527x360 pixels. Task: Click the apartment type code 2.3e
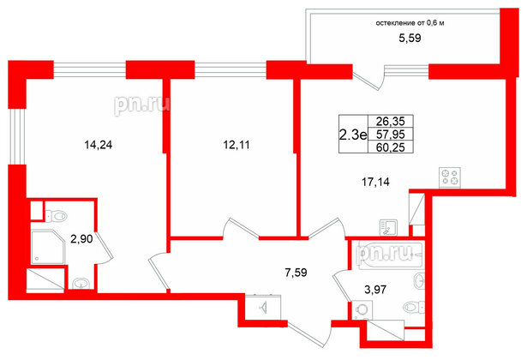point(351,134)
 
